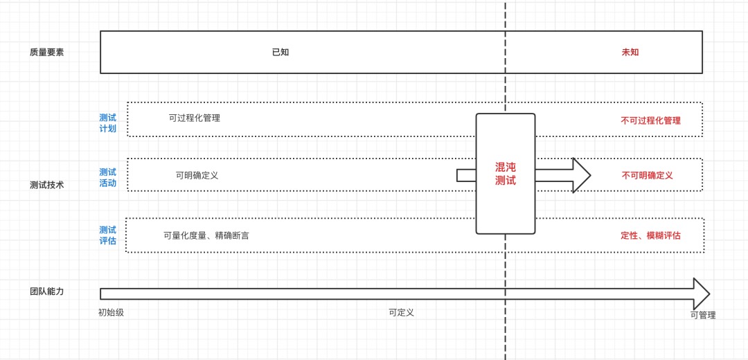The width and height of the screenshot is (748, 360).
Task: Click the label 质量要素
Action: [x=47, y=52]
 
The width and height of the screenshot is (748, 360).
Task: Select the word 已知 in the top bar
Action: [x=280, y=52]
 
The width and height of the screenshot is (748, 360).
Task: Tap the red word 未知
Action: [x=630, y=52]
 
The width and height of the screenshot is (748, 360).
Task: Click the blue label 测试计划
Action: [x=107, y=123]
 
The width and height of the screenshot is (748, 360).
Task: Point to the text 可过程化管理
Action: [x=195, y=118]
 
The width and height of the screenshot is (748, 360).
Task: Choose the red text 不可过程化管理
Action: [x=650, y=120]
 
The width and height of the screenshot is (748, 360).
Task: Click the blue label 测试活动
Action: [x=107, y=178]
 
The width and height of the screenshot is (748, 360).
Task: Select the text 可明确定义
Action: [x=197, y=175]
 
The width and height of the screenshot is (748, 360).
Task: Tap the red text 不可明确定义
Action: [x=647, y=175]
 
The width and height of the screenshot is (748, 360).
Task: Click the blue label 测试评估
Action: [x=107, y=235]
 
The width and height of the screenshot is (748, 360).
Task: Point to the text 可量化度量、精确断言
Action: [x=206, y=235]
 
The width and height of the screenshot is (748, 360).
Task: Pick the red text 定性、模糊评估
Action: [x=650, y=235]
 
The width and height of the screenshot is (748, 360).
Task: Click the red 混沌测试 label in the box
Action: [x=506, y=174]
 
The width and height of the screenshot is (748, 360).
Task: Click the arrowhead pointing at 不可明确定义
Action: [x=580, y=175]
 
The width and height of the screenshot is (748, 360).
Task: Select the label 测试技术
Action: [x=47, y=185]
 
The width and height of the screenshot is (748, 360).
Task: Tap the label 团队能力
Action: [x=47, y=291]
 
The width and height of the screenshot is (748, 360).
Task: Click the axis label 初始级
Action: [x=111, y=312]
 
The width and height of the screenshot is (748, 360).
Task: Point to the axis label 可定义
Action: [x=402, y=312]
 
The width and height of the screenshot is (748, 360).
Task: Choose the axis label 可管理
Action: [x=702, y=315]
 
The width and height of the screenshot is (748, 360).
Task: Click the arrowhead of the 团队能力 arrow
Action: [x=701, y=294]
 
